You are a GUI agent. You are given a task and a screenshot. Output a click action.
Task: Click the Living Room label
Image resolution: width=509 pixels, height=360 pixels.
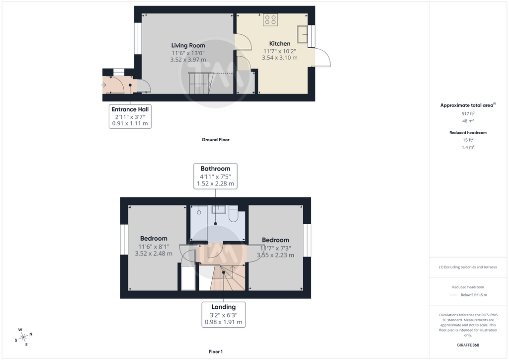click(x=188, y=45)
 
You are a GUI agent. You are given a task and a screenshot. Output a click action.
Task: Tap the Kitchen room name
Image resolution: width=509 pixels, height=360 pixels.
click(x=279, y=43)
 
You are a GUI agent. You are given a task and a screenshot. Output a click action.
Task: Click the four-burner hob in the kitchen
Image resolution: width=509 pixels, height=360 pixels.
click(x=270, y=19)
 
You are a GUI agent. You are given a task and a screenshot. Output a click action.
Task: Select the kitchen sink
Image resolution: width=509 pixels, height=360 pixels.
click(x=302, y=34)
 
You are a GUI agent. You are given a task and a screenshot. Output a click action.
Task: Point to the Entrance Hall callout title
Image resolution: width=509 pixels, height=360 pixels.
click(x=130, y=109)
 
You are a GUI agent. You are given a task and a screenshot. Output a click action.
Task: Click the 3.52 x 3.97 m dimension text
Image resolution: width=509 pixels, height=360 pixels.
click(x=188, y=60)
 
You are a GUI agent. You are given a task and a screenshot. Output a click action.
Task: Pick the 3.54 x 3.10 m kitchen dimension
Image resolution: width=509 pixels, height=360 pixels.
click(x=279, y=58)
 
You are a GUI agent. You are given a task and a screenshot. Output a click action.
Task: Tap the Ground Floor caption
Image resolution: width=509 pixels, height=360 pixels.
click(x=216, y=140)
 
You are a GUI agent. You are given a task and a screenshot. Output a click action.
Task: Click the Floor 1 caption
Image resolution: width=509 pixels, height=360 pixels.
click(x=216, y=352)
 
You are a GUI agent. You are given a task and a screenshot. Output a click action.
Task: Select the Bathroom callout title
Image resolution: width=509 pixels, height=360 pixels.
click(x=215, y=169)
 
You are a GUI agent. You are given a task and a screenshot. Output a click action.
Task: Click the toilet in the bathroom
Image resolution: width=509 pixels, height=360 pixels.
click(x=233, y=215)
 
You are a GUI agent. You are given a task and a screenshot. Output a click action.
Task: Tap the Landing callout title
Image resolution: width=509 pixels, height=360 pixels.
click(x=223, y=307)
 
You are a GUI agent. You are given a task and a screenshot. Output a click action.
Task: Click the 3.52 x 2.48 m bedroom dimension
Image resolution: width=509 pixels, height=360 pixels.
click(x=154, y=254)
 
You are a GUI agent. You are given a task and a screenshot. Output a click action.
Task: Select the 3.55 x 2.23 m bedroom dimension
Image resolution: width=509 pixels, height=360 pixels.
click(x=275, y=255)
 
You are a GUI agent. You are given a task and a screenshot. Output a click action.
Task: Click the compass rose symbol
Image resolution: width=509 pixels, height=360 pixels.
click(x=23, y=338)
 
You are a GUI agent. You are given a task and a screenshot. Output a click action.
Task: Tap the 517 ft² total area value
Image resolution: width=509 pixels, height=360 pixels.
click(x=468, y=113)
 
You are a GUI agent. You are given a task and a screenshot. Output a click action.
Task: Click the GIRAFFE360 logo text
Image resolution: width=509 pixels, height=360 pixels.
click(x=468, y=345)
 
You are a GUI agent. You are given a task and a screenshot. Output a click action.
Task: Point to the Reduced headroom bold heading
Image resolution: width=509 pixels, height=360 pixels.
click(x=468, y=132)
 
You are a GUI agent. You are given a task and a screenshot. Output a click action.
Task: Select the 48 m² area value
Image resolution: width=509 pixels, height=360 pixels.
click(x=468, y=121)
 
